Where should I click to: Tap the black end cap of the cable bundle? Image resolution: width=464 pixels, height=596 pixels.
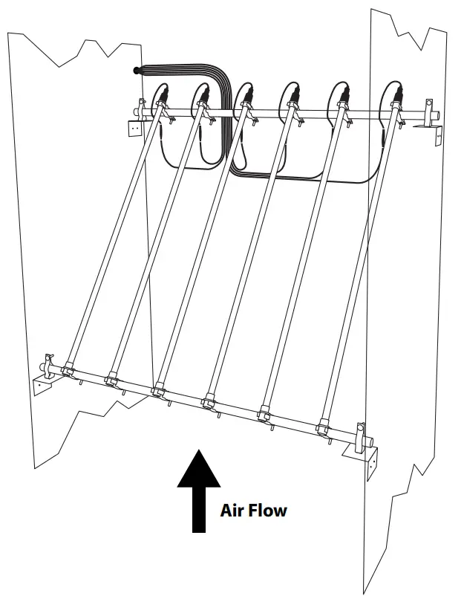point(135,71)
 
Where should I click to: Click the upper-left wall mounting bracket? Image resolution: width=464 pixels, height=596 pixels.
point(134,127)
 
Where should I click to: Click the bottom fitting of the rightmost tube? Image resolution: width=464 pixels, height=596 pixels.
point(324,426)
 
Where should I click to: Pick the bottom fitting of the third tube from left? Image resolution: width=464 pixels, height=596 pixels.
point(157,387)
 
